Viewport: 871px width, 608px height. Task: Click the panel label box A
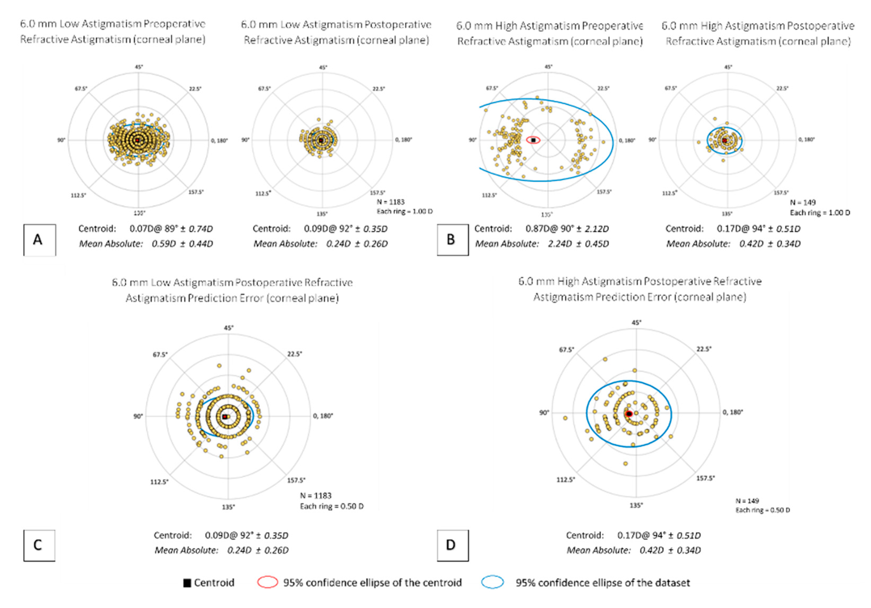coord(39,240)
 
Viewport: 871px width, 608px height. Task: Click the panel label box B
coord(452,240)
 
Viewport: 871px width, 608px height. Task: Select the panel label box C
coord(39,545)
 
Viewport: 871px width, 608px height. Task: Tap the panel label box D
coord(452,545)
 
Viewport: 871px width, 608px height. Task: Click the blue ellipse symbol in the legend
coord(492,582)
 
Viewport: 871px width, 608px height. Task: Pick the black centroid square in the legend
coord(187,583)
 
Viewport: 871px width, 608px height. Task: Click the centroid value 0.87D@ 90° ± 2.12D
coord(567,229)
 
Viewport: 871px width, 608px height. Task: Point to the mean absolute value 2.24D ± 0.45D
coord(578,244)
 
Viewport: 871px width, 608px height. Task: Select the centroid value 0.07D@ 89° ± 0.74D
coord(171,229)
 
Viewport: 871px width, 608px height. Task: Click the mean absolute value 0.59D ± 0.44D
coord(182,244)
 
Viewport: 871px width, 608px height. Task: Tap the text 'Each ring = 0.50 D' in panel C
coord(331,506)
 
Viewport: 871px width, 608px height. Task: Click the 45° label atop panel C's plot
coord(228,328)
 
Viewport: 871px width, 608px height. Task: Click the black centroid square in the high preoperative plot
coord(533,140)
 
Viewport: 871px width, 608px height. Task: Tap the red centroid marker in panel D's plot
coord(628,413)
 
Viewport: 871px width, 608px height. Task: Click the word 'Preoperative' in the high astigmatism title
coord(612,26)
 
